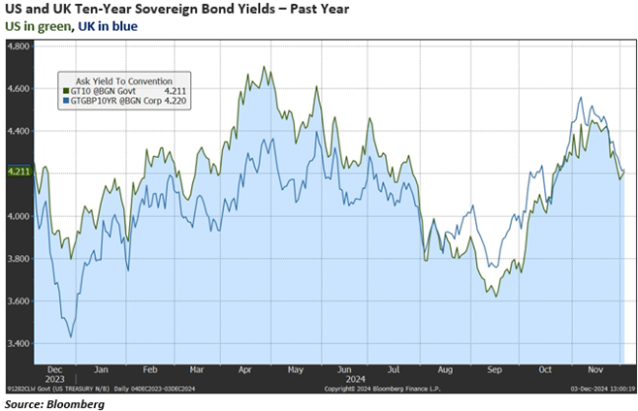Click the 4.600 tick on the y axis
pyautogui.click(x=19, y=88)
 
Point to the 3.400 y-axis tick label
pyautogui.click(x=19, y=344)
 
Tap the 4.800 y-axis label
pyautogui.click(x=19, y=46)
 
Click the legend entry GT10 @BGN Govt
pyautogui.click(x=105, y=90)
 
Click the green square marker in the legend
pyautogui.click(x=63, y=90)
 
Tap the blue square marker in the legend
pyautogui.click(x=63, y=100)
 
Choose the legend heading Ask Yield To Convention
pyautogui.click(x=117, y=80)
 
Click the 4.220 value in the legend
pyautogui.click(x=175, y=100)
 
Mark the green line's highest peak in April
pyautogui.click(x=264, y=67)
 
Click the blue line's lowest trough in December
pyautogui.click(x=71, y=336)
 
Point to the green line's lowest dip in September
pyautogui.click(x=496, y=295)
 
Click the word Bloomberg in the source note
pyautogui.click(x=76, y=404)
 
